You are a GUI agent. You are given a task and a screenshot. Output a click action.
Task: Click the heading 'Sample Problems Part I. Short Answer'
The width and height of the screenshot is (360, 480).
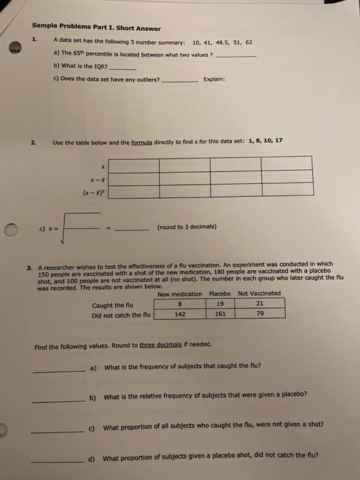96,28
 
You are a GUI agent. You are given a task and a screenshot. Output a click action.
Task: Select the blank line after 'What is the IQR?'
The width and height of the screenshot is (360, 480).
123,70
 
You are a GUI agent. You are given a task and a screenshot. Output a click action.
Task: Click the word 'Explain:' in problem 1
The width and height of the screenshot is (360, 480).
215,79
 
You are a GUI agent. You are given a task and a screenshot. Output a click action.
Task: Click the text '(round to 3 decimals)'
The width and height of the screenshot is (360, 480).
187,226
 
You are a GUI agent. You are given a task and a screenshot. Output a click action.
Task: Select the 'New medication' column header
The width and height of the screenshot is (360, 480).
180,293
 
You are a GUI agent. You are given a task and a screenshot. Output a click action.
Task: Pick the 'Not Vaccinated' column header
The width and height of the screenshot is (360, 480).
259,293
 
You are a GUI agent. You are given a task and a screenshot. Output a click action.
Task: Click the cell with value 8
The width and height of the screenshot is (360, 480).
179,304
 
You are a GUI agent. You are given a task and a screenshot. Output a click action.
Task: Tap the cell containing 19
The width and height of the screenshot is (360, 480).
219,304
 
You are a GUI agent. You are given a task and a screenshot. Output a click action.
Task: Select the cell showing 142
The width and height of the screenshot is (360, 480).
179,315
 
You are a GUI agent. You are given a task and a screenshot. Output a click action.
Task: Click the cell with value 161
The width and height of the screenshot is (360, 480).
219,315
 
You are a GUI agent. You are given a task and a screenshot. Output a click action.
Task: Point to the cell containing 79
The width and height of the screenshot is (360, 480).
259,315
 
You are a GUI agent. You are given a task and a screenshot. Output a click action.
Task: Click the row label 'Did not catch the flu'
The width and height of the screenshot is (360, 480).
121,315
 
